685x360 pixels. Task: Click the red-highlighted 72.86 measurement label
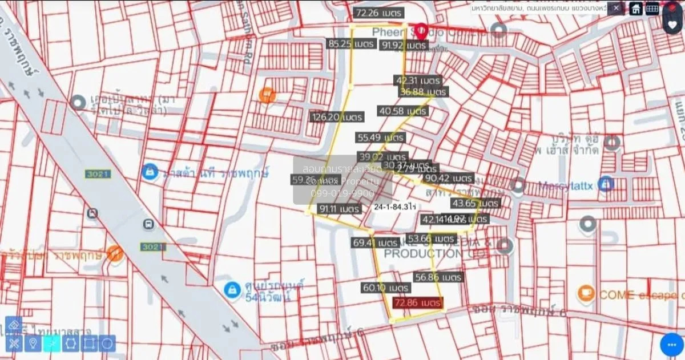click(x=417, y=302)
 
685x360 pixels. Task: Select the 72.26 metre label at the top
click(x=378, y=13)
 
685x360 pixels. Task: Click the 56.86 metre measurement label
click(x=438, y=277)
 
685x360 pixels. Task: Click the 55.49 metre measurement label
click(x=381, y=137)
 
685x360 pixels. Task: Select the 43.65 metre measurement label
click(x=475, y=203)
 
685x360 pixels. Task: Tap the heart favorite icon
click(x=672, y=24)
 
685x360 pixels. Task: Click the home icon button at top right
click(x=635, y=9)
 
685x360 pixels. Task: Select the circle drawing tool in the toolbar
click(x=107, y=343)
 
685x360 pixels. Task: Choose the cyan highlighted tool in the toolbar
click(x=51, y=343)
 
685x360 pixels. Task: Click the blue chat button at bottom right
click(x=671, y=345)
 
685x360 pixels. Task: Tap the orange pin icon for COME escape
click(x=586, y=294)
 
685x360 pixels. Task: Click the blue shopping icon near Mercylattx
click(x=606, y=184)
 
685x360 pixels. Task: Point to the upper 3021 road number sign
click(x=98, y=174)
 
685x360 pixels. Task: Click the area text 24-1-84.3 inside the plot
click(x=394, y=208)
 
